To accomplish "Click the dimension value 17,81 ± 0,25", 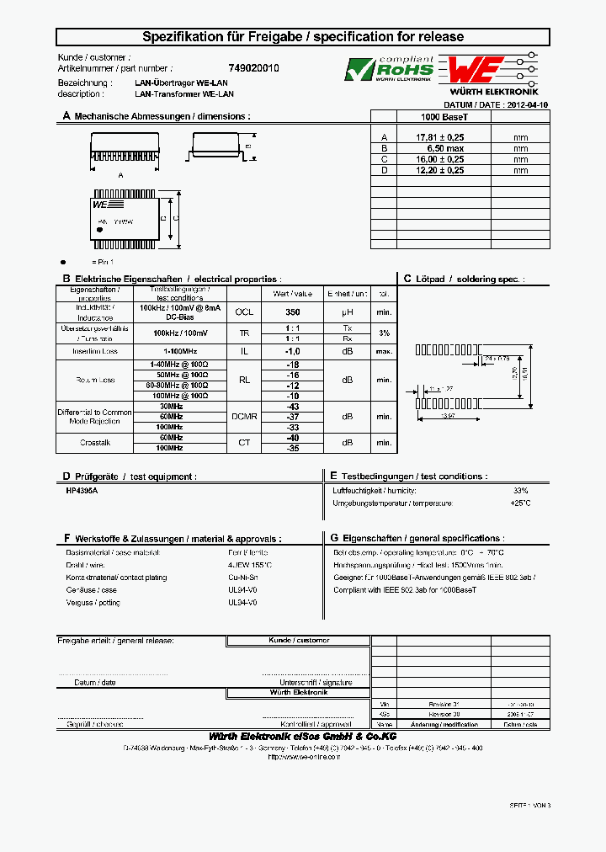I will click(440, 136).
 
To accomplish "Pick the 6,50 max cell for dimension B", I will click(440, 147).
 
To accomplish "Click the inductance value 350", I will click(292, 312).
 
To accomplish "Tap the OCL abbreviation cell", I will click(244, 312).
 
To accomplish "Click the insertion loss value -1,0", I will click(292, 351).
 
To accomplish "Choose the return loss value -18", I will click(292, 365).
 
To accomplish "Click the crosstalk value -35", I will click(292, 449).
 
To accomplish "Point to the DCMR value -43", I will click(292, 407).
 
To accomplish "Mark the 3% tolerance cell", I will click(384, 333).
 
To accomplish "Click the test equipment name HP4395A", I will click(82, 490).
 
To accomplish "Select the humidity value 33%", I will click(520, 490).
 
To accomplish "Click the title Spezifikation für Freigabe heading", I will click(303, 37).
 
